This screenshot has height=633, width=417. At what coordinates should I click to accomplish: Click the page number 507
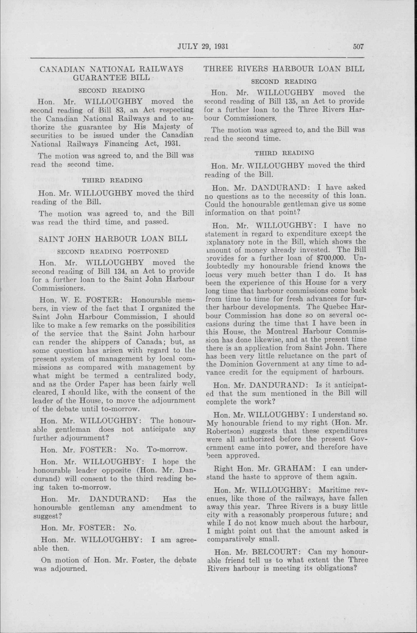pyautogui.click(x=358, y=47)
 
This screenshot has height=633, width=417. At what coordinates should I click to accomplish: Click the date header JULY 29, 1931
pyautogui.click(x=203, y=47)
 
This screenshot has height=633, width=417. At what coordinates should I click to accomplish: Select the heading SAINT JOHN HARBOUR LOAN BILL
pyautogui.click(x=113, y=239)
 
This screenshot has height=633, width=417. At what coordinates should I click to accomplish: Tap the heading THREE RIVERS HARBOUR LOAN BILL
pyautogui.click(x=283, y=69)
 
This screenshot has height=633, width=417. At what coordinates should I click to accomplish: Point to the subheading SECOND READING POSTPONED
pyautogui.click(x=113, y=251)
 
